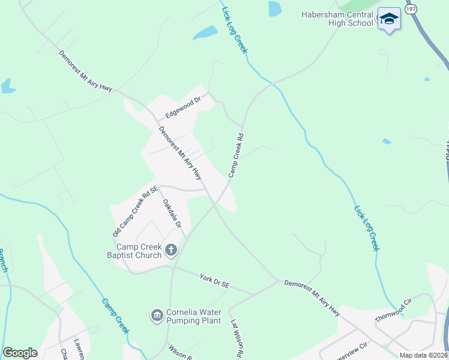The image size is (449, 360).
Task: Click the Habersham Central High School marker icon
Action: pyautogui.click(x=389, y=20)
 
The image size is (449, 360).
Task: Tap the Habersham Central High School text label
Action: pyautogui.click(x=338, y=19)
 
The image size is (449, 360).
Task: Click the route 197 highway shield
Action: pyautogui.click(x=411, y=9)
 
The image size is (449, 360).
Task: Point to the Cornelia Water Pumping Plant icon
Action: pyautogui.click(x=157, y=314)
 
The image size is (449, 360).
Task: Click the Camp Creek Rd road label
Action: pyautogui.click(x=236, y=155)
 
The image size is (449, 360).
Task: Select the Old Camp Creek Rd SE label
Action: pyautogui.click(x=135, y=211)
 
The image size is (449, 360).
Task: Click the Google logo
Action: pyautogui.click(x=20, y=353)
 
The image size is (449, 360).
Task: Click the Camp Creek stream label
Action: pyautogui.click(x=115, y=316)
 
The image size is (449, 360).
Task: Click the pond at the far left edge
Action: pyautogui.click(x=7, y=86)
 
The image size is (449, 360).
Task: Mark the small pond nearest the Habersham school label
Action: pyautogui.click(x=274, y=8)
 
